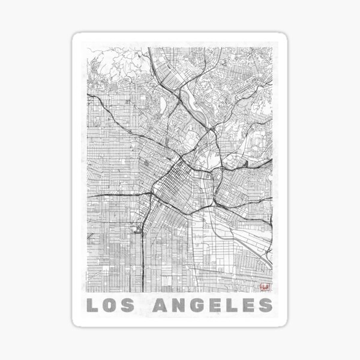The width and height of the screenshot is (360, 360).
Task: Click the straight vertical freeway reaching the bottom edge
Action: point(142,264)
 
